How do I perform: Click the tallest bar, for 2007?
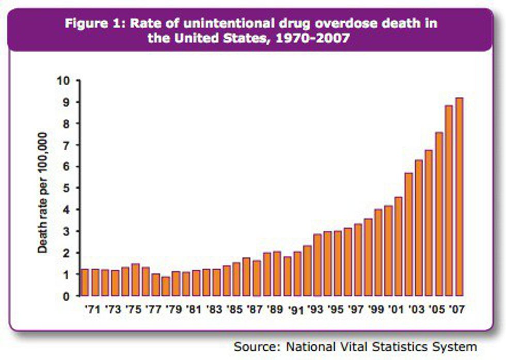(459, 197)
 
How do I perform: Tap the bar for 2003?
(419, 228)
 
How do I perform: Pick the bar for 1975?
(135, 279)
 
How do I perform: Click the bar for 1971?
(95, 283)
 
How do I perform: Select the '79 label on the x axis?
(176, 310)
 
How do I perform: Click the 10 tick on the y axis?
(64, 81)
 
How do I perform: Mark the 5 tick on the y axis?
(67, 188)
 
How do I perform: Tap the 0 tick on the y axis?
(67, 296)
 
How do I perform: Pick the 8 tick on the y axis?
(67, 123)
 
